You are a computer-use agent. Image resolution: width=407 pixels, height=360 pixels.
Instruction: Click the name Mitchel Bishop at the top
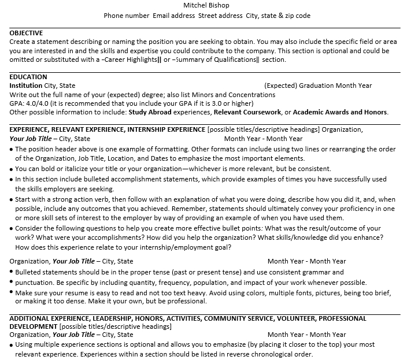pyautogui.click(x=206, y=5)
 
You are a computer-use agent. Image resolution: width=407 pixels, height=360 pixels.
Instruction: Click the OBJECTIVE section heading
pyautogui.click(x=26, y=33)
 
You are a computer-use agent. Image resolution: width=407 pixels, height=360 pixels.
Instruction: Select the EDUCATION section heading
pyautogui.click(x=28, y=77)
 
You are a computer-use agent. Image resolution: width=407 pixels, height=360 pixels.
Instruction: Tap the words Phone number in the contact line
pyautogui.click(x=126, y=16)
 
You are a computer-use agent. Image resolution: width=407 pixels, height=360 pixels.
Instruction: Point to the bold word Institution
pyautogui.click(x=26, y=86)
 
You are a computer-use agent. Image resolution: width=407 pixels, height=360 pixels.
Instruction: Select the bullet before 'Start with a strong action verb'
pyautogui.click(x=12, y=199)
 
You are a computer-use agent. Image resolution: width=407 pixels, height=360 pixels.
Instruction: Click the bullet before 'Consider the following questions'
pyautogui.click(x=12, y=228)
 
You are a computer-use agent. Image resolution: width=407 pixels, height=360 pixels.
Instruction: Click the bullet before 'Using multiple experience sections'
pyautogui.click(x=12, y=344)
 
